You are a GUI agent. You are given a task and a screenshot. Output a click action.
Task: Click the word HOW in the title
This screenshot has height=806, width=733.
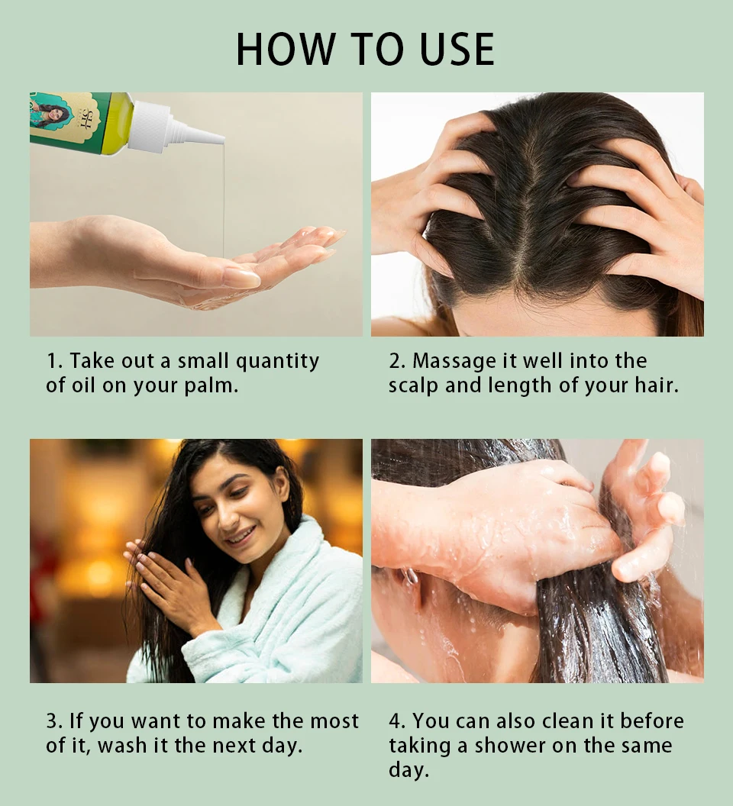[285, 49]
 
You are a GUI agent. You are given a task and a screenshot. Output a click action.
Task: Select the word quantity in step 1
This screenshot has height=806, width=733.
[277, 362]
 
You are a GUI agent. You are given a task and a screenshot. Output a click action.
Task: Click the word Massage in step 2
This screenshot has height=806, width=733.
[454, 362]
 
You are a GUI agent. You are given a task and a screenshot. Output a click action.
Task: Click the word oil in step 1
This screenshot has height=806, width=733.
[83, 385]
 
